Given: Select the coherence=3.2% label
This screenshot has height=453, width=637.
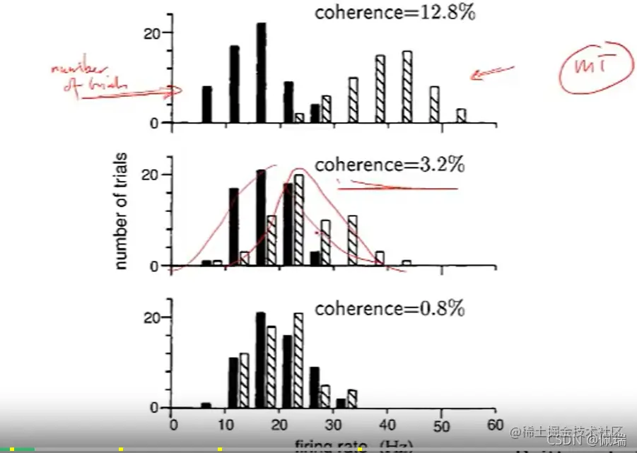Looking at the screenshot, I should click(390, 165).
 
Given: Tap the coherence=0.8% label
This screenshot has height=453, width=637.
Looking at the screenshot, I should click(390, 309).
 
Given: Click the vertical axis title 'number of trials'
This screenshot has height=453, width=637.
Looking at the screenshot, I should click(121, 210).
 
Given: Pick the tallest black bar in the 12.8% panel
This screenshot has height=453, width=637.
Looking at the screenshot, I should click(261, 73).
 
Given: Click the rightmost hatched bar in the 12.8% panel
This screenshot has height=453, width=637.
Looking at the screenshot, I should click(461, 116).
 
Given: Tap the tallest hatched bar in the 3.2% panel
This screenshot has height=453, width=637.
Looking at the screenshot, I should click(299, 220).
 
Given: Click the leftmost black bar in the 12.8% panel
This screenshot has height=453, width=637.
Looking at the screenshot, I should click(207, 105).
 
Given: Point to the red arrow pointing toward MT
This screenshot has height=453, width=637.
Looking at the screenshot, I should click(492, 71).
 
